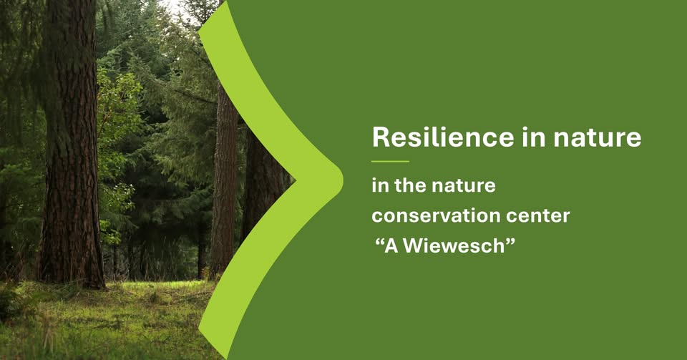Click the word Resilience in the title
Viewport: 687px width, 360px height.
coord(443,137)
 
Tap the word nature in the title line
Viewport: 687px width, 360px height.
coord(597,138)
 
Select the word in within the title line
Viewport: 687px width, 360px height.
coord(533,137)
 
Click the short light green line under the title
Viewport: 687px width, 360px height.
coord(390,162)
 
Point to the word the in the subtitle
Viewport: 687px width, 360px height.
coord(411,185)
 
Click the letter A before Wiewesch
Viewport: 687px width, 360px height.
coord(391,245)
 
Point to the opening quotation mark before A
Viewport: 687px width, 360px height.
coord(379,242)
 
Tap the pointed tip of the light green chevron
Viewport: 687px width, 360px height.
coord(342,180)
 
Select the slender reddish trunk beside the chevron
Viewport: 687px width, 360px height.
coord(224,184)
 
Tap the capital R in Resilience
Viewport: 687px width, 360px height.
coord(380,137)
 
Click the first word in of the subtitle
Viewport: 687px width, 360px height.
coord(380,185)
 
